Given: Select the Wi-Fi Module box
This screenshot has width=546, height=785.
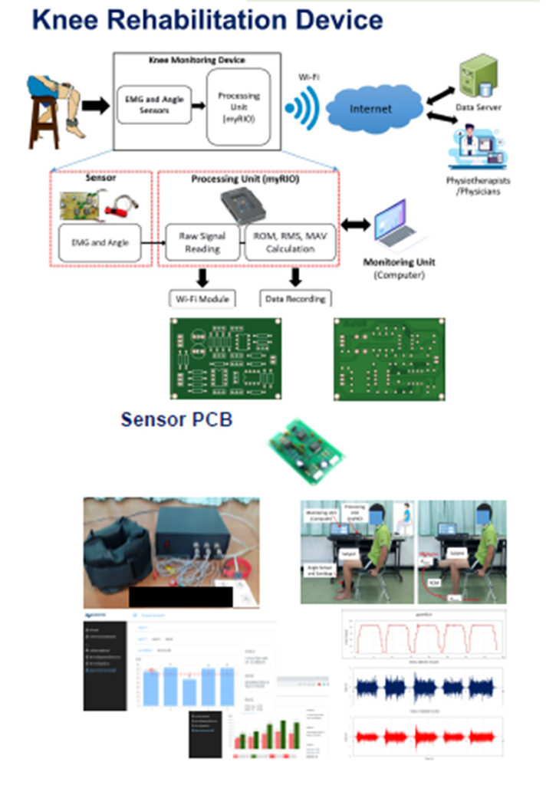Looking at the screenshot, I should pos(202,297).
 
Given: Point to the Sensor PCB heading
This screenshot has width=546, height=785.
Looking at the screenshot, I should pos(176,419).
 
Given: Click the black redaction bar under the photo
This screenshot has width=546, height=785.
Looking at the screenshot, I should pos(180,596).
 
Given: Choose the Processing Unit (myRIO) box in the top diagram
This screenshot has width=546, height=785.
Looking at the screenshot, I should pos(239,106).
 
